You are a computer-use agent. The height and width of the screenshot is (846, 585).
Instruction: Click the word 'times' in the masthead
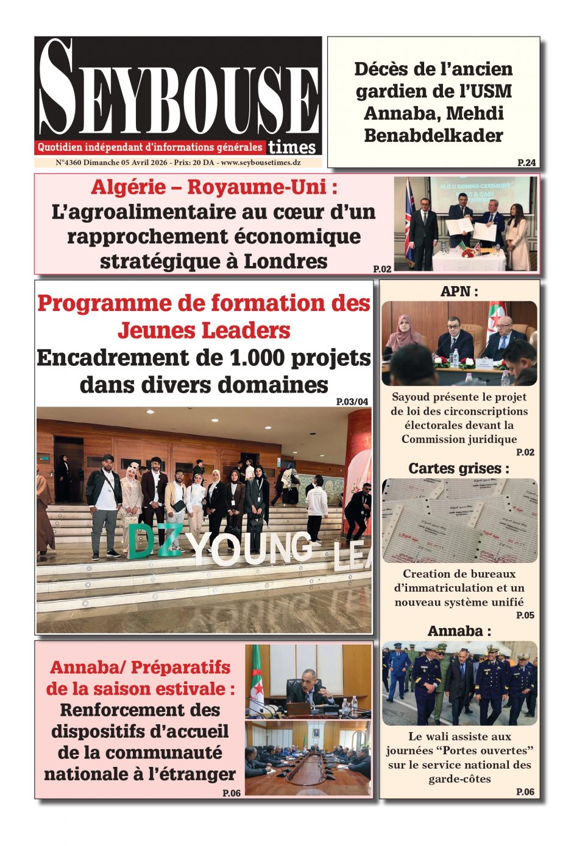(x=292, y=147)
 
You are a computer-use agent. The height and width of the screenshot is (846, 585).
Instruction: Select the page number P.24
(x=526, y=163)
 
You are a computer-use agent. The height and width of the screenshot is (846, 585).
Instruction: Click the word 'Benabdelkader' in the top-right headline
(x=433, y=135)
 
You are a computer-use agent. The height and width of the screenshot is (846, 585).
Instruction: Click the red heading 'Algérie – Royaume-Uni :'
(x=214, y=187)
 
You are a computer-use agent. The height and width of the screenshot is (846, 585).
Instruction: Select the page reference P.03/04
(x=352, y=402)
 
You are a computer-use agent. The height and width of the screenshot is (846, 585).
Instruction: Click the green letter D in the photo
(x=141, y=541)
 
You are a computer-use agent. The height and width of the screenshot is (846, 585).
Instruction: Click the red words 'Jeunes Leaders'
(x=204, y=330)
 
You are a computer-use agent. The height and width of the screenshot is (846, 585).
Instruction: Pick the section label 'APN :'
(x=459, y=292)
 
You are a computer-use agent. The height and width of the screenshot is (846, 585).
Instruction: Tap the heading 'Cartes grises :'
(x=458, y=468)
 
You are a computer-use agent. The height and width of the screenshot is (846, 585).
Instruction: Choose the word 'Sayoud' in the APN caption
(x=411, y=397)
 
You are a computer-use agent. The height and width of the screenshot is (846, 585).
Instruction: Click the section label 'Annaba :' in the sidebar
(x=459, y=631)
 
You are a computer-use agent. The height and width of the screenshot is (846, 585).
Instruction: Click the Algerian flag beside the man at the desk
(x=258, y=676)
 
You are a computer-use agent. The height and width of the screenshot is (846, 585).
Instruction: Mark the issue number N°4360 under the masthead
(x=68, y=163)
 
